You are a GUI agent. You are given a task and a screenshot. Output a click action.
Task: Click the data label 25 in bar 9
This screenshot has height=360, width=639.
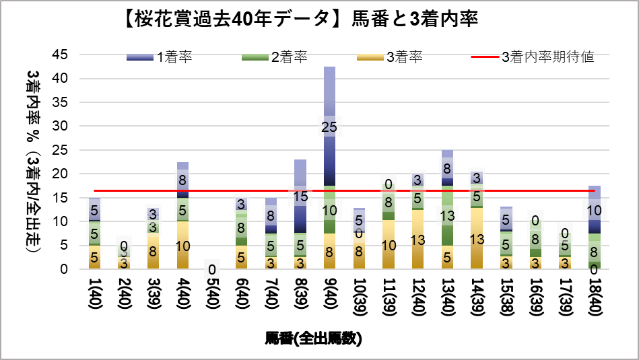(x=329, y=127)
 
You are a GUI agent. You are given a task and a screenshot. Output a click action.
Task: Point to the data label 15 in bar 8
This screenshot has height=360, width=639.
(x=300, y=196)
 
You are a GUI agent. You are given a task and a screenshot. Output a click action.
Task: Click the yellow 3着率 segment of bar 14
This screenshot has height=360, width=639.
(x=477, y=239)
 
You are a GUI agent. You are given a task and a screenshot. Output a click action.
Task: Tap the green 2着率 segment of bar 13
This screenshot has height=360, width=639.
(x=447, y=215)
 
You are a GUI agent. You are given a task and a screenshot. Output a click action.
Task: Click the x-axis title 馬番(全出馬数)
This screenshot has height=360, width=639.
(x=314, y=338)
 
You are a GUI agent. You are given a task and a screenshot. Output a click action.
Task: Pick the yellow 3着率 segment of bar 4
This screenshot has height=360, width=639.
(x=182, y=245)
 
